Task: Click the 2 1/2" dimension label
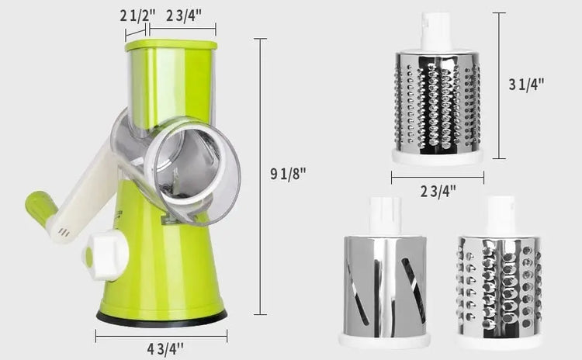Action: [x=137, y=16]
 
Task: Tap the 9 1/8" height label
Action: [x=288, y=173]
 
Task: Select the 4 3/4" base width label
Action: [x=165, y=349]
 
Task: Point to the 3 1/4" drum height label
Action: [x=526, y=85]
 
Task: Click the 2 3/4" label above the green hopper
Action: [x=184, y=16]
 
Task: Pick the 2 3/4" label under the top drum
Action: [x=438, y=192]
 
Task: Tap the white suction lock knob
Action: [x=105, y=254]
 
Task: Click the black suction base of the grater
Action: [x=161, y=319]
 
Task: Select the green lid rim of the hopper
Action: [x=171, y=45]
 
